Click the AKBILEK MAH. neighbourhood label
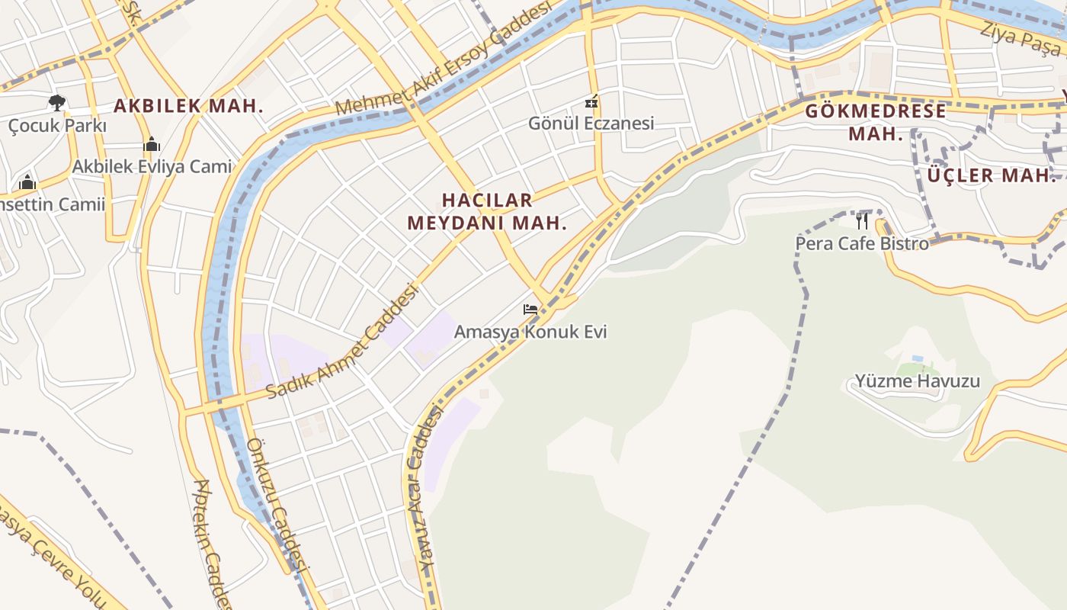[x=188, y=106]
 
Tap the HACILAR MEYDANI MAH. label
[x=487, y=211]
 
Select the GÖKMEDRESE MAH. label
[x=876, y=122]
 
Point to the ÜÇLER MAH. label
[x=992, y=175]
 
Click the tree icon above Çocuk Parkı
[x=56, y=102]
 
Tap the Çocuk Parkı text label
[x=57, y=126]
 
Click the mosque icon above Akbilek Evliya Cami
[x=152, y=144]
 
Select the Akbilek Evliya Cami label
[x=152, y=166]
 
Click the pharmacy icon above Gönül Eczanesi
[x=591, y=101]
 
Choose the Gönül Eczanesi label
[x=591, y=123]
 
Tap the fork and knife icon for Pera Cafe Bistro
[x=862, y=221]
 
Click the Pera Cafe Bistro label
[x=862, y=243]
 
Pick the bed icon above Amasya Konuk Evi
[x=530, y=310]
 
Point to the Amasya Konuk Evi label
[x=530, y=332]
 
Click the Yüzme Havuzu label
[x=917, y=380]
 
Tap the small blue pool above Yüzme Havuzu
[x=917, y=358]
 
